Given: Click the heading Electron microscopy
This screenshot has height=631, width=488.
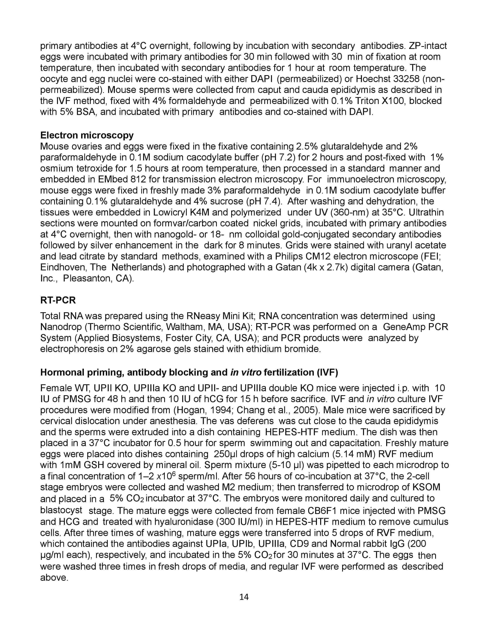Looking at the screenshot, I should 87,135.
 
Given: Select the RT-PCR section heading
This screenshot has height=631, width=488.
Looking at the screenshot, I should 58,300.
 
